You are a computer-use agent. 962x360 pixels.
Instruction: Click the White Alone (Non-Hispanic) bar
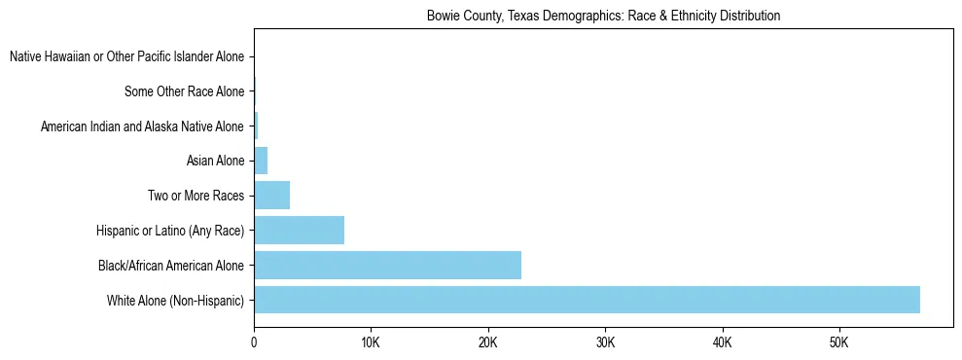click(587, 300)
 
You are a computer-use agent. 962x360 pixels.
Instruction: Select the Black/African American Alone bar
click(387, 265)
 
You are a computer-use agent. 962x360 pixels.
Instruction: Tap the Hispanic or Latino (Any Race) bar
click(299, 230)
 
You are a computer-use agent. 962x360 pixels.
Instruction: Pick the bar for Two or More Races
click(271, 195)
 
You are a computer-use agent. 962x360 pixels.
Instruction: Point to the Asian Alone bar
click(261, 161)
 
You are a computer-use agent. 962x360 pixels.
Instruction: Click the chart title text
click(603, 17)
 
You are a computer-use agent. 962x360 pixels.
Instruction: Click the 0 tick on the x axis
click(254, 342)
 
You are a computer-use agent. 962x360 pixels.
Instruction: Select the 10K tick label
click(371, 342)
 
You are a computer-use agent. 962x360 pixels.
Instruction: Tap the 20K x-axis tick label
click(487, 342)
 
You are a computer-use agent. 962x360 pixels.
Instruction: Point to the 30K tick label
click(605, 342)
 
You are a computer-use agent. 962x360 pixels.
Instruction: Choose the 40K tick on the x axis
click(722, 342)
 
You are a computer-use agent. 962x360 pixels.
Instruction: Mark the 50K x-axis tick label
click(838, 342)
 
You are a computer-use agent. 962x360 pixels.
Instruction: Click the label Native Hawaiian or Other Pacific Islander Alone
click(126, 57)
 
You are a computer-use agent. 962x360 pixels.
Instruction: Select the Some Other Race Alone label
click(184, 92)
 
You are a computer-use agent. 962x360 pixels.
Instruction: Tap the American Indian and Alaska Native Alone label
click(142, 126)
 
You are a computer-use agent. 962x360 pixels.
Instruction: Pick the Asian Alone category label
click(215, 161)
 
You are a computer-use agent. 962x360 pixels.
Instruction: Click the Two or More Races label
click(196, 196)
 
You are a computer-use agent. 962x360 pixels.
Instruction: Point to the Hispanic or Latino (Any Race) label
click(170, 231)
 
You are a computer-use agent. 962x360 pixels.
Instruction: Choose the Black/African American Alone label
click(170, 265)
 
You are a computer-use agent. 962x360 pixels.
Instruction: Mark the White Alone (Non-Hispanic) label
click(175, 300)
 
